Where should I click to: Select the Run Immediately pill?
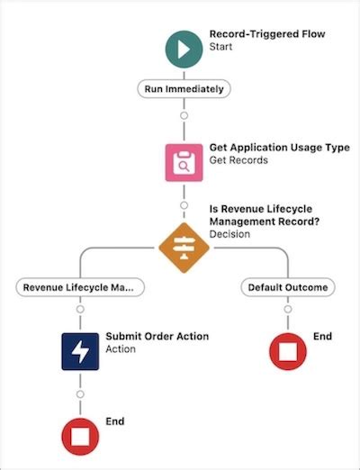(x=184, y=89)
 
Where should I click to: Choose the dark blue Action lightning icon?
(x=79, y=351)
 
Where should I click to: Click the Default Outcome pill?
(x=288, y=287)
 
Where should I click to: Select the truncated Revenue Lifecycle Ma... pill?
(x=79, y=287)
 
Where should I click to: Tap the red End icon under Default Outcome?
(x=288, y=351)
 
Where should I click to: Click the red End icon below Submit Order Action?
(x=79, y=436)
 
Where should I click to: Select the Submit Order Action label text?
(x=157, y=337)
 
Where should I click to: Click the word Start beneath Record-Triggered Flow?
(x=222, y=49)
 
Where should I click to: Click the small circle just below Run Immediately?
(x=184, y=115)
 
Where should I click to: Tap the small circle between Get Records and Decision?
(x=184, y=204)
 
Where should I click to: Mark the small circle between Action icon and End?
(x=79, y=393)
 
